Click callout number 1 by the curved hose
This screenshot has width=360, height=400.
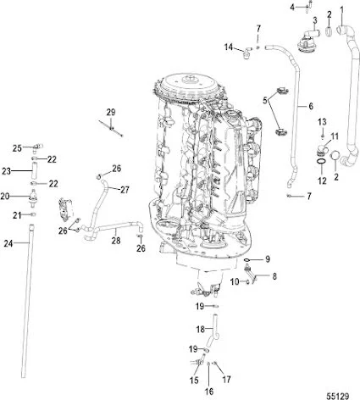click(342, 9)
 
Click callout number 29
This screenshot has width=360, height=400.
click(110, 113)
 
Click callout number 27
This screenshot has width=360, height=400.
click(124, 189)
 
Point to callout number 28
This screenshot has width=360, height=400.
click(116, 242)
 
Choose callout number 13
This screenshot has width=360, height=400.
click(322, 123)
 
